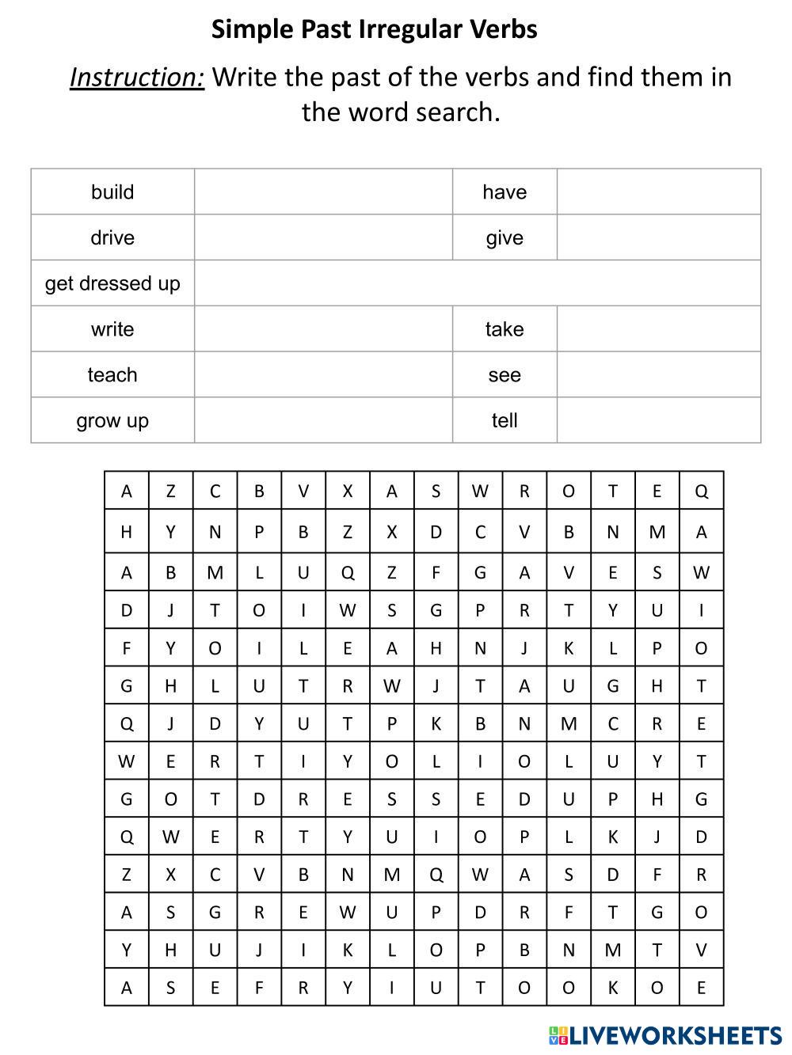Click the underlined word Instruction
[137, 78]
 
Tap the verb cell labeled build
[112, 192]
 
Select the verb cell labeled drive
[112, 238]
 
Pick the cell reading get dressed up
[112, 283]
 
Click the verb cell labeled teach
[112, 375]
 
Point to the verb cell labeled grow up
[112, 421]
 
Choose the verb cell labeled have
[505, 192]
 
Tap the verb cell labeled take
[505, 329]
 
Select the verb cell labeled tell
[505, 421]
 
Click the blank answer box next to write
[323, 329]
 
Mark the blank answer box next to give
[658, 238]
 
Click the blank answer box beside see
[658, 375]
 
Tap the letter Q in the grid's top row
[701, 491]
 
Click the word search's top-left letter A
[127, 491]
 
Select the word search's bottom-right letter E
[701, 988]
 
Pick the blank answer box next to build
[323, 192]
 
